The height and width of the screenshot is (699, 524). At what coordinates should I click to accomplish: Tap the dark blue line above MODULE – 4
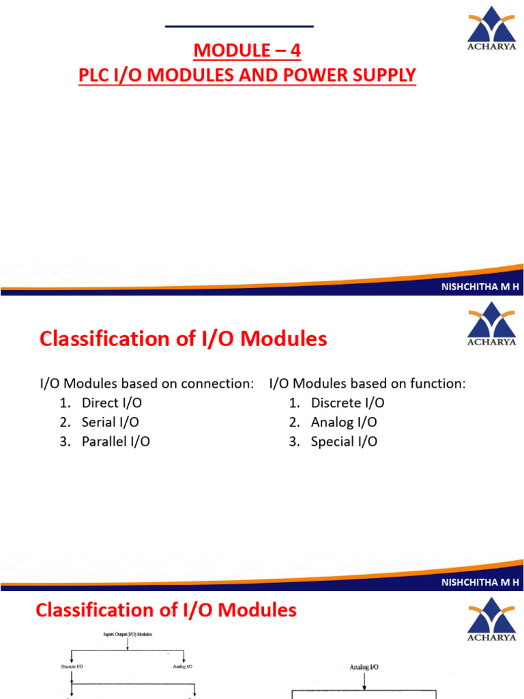click(x=239, y=27)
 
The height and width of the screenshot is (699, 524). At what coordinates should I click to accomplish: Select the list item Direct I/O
click(x=112, y=403)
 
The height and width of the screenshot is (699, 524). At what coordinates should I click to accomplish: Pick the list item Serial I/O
click(x=111, y=422)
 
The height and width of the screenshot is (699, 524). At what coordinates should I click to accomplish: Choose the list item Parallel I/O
click(x=115, y=441)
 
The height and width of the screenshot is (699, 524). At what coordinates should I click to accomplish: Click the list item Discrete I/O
click(x=347, y=403)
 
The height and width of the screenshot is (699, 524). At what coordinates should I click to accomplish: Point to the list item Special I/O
click(x=344, y=441)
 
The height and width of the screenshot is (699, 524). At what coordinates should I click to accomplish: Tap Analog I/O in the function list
click(x=344, y=422)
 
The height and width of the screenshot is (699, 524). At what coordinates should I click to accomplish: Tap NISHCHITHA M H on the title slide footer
click(x=481, y=287)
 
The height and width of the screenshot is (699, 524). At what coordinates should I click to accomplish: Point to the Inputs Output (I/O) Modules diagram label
click(x=129, y=634)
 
